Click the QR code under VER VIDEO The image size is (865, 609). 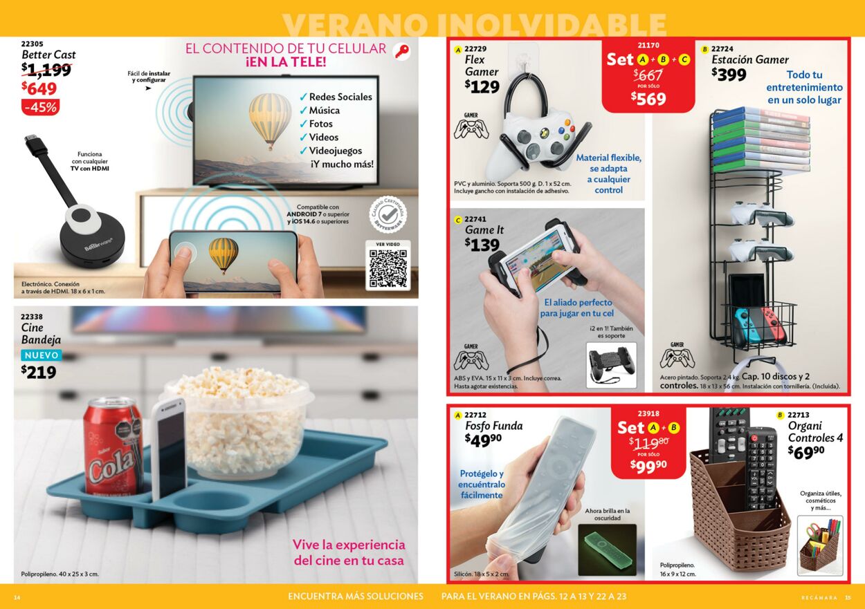pos(388,269)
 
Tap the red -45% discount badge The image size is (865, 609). pos(41,107)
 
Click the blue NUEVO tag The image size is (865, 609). pos(41,355)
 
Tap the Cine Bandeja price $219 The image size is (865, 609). pos(39,373)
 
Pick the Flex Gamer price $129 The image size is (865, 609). pos(482,87)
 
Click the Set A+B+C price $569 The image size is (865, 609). pos(648,99)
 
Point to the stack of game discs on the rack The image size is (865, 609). pos(761,138)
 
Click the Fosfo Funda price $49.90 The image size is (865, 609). pos(483,440)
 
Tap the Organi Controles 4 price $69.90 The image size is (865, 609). pos(806,451)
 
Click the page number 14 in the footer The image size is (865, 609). pos(17,597)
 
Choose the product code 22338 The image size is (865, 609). pos(32,316)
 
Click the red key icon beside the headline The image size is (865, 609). pos(401,51)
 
